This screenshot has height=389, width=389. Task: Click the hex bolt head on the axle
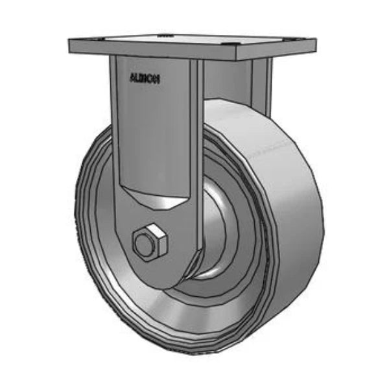[150, 242]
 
